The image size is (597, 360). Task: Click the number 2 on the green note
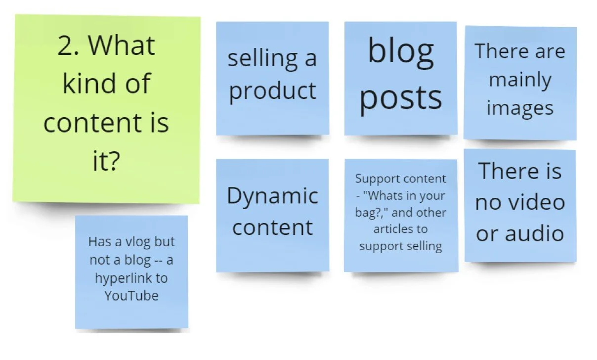coord(66,46)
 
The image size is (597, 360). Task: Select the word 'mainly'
coord(520,81)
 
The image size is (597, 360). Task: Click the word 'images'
coord(520,108)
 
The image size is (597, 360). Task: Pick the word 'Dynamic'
coord(272,196)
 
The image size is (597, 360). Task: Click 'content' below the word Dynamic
coord(272,227)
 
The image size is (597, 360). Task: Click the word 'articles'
coord(393,229)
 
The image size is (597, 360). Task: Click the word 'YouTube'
coord(131,296)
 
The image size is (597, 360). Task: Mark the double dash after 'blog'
coord(155,261)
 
